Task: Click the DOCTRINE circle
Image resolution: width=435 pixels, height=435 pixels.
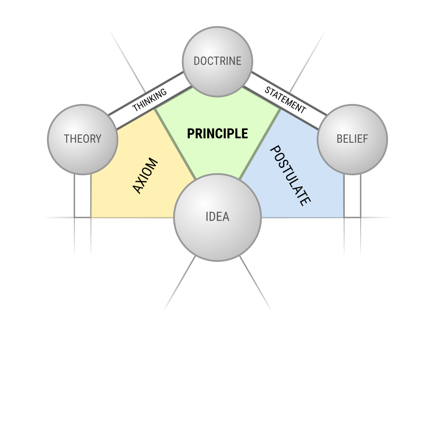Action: (x=217, y=62)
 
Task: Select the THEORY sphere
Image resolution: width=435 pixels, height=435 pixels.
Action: (x=83, y=140)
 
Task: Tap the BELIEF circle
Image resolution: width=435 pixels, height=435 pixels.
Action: (x=352, y=140)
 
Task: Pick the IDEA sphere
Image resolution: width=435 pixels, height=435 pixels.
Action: (x=217, y=217)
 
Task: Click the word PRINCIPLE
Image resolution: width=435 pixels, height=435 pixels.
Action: (x=217, y=134)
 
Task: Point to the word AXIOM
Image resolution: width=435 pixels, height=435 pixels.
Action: (x=145, y=176)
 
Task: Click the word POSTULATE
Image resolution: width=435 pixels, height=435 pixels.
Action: (x=290, y=176)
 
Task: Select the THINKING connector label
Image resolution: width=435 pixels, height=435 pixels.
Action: (x=150, y=100)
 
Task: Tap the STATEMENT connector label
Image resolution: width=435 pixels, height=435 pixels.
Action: (x=285, y=100)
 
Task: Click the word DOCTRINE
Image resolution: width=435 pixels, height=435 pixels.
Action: (x=217, y=61)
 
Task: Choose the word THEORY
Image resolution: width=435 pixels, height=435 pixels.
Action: (x=83, y=139)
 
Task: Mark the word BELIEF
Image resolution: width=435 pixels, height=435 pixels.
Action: (x=352, y=139)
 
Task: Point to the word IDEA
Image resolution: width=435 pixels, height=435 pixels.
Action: (x=217, y=217)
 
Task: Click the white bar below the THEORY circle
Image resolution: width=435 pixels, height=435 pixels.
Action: (x=83, y=196)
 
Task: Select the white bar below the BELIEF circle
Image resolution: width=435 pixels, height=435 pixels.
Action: (x=352, y=196)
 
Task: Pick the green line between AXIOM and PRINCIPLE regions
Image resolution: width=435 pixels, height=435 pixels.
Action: (x=175, y=144)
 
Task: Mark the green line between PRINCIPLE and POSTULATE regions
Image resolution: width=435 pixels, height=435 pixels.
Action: (x=260, y=144)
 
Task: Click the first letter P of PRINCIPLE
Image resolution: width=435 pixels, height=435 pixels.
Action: (x=191, y=134)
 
